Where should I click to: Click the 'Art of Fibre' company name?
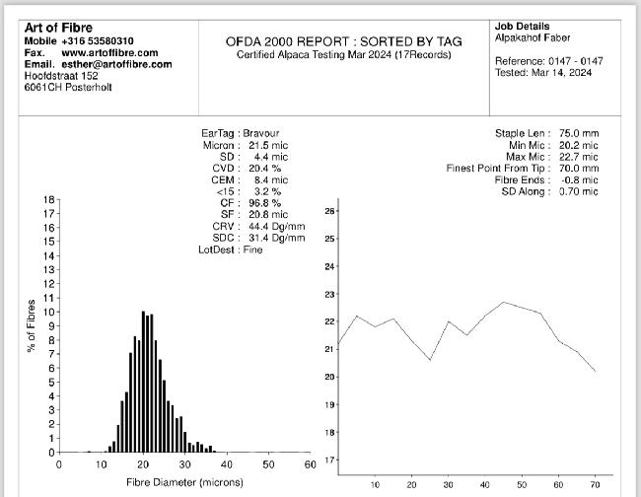58,27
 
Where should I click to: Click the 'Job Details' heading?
523,27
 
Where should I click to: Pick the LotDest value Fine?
252,250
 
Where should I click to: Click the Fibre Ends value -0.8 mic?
578,179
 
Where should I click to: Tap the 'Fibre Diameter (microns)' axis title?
184,482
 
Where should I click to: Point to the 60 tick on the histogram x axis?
310,463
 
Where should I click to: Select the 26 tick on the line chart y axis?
331,211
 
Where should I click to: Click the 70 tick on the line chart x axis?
595,484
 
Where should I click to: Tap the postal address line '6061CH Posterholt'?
68,88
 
